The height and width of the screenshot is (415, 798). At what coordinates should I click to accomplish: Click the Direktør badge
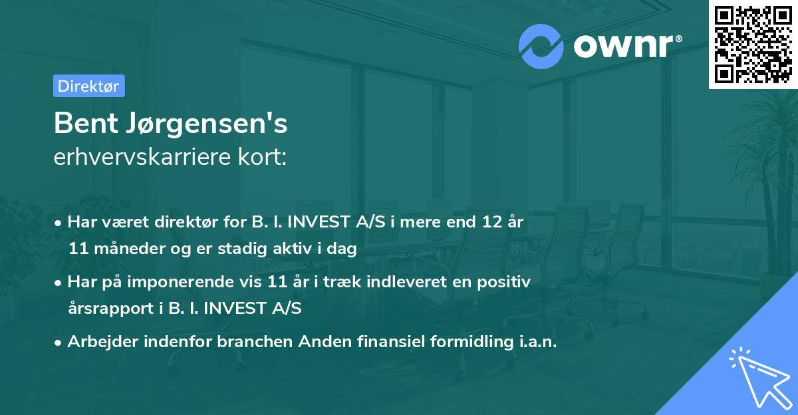[88, 86]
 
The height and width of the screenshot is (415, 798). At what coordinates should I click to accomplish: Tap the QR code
[752, 45]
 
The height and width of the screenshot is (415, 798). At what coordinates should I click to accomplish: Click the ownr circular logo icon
[541, 46]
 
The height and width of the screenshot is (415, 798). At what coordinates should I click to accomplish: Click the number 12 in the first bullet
[493, 222]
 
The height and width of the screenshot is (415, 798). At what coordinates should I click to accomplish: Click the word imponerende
[201, 282]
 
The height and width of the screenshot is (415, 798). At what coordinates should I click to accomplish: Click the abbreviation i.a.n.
[535, 342]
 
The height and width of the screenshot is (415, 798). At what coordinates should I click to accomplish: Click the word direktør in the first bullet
[172, 222]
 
